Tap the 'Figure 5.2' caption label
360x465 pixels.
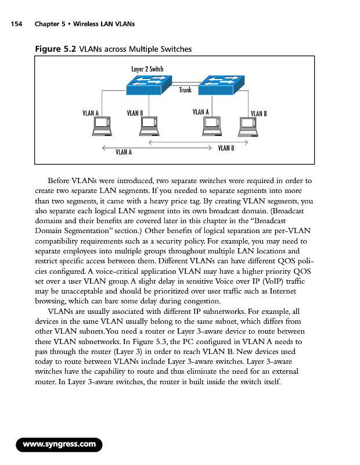(56, 49)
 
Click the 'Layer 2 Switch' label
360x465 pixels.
(147, 69)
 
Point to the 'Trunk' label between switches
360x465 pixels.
(185, 90)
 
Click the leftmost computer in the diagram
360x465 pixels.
(103, 126)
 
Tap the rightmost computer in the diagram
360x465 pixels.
(249, 126)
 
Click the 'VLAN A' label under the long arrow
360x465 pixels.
(124, 152)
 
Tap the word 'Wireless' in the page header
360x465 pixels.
(89, 24)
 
